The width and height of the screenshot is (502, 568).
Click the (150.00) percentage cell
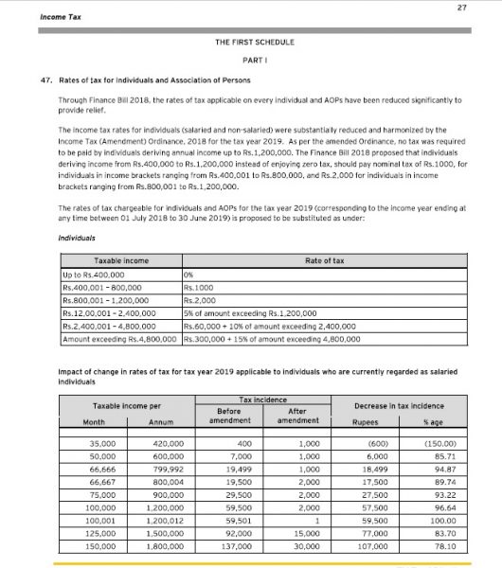pos(438,444)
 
